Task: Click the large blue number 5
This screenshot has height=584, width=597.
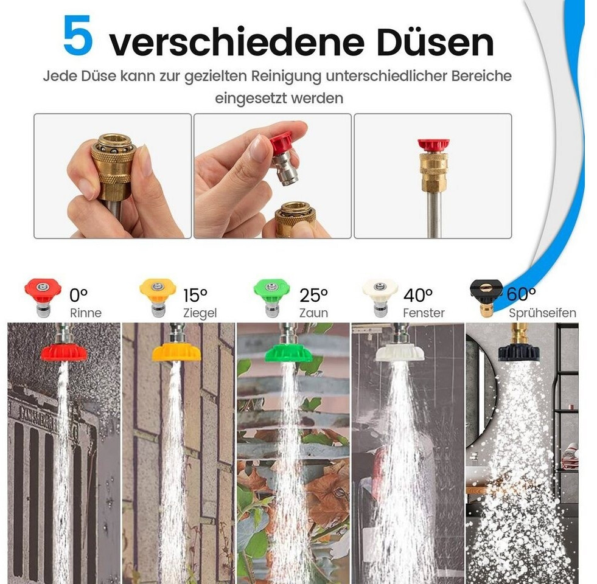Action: coord(78,35)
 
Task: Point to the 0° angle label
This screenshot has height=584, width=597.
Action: coord(79,295)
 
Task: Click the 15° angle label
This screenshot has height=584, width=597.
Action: coord(195,295)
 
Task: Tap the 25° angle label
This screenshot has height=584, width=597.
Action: coord(313,295)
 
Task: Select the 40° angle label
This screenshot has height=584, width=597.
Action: coord(418,295)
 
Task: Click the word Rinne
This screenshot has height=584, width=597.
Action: coord(86,313)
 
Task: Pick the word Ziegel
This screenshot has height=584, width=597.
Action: coord(200,313)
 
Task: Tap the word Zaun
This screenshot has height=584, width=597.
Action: coord(313,313)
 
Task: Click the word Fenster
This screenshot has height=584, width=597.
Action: coord(424,313)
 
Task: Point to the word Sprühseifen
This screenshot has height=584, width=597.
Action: coord(543,313)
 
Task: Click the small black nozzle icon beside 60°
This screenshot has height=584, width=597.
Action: coord(486,297)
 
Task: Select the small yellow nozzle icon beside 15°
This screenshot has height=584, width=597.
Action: coord(157,297)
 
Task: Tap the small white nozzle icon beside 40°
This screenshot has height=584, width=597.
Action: coord(379,297)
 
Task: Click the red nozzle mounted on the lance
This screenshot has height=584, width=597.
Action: coord(433,145)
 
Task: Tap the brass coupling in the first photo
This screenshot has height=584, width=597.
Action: coord(113,165)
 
